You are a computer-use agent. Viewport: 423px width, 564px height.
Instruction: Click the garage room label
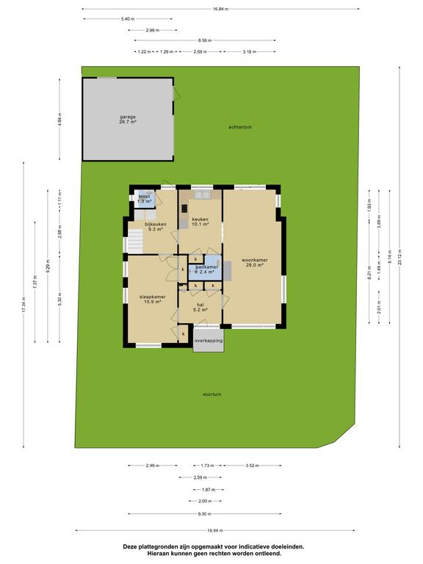128,120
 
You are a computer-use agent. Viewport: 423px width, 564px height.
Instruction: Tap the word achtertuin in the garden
240,127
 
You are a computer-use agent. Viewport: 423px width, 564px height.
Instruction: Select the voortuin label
211,394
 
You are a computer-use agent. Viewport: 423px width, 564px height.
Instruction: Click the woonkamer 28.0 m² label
254,263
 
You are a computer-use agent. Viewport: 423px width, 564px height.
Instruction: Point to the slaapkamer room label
153,300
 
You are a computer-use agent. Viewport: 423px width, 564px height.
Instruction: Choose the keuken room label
200,222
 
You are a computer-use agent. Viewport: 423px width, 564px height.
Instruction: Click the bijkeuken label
156,227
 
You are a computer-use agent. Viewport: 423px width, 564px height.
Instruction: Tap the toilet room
145,199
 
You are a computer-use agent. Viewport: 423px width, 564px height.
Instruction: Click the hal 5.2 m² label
200,307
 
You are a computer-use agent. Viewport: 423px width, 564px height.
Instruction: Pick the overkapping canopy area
209,340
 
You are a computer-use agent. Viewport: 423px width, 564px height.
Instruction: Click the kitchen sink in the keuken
202,195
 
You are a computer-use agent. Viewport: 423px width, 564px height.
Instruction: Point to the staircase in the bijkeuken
136,242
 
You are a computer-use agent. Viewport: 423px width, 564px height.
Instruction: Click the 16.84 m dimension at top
220,9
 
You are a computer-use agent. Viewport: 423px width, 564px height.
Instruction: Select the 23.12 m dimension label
399,258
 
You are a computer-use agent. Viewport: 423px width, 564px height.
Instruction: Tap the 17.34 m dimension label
23,304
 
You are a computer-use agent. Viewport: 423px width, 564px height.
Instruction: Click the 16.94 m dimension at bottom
215,530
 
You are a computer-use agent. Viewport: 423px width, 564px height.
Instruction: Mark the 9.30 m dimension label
205,513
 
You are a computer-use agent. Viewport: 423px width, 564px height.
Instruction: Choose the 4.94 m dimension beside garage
59,119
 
